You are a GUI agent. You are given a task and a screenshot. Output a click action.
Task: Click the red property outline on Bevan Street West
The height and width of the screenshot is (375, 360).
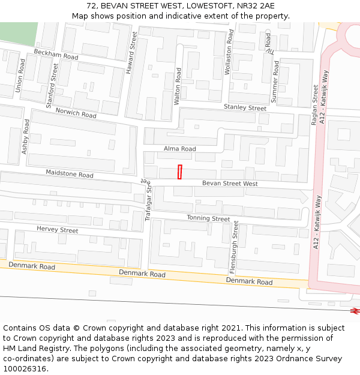[179, 172]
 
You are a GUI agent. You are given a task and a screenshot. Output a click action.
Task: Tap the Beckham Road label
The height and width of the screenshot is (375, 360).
[56, 54]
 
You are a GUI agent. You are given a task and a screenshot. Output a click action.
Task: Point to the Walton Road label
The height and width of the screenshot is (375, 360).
[178, 86]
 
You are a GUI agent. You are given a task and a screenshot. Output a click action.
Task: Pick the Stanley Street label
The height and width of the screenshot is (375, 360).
[245, 107]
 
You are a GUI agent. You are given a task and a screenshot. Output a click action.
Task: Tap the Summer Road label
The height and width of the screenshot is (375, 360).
[275, 82]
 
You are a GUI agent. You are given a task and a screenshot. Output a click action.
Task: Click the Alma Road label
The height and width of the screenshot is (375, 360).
[180, 149]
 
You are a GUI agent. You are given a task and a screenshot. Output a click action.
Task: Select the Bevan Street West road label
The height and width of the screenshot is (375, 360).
[230, 183]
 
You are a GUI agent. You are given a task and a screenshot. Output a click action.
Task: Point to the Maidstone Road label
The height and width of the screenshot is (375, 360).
[70, 174]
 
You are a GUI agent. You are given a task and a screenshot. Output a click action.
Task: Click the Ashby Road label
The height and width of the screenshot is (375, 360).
[25, 136]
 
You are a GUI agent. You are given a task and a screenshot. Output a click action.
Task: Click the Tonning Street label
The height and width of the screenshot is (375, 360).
[208, 218]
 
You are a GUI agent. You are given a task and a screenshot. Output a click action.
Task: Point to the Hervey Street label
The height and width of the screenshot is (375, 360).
[57, 230]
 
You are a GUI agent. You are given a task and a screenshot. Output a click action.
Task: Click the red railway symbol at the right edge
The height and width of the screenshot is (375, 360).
[355, 311]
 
